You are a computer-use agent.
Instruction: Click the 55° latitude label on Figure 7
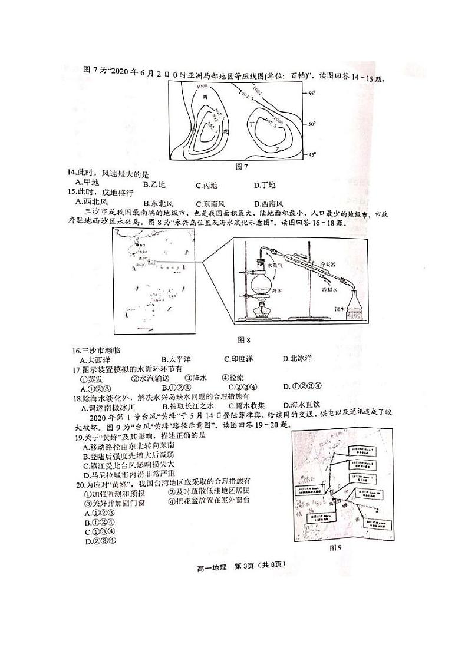(x=312, y=94)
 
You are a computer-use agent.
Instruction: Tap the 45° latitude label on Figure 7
(x=312, y=154)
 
